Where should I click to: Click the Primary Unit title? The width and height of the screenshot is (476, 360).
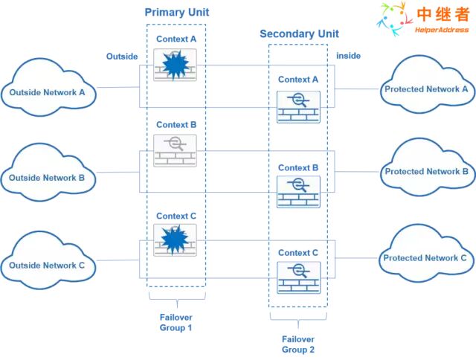tap(177, 13)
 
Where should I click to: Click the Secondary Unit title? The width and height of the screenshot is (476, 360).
tap(299, 33)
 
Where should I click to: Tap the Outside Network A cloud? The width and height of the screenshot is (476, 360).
tap(48, 88)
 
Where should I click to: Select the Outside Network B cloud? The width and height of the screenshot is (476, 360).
tap(48, 173)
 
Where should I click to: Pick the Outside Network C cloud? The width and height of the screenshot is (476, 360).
tap(48, 260)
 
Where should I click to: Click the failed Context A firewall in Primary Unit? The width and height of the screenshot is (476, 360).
tap(175, 65)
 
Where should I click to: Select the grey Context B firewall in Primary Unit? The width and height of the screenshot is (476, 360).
tap(175, 150)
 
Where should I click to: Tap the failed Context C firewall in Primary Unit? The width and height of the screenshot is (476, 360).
tap(175, 240)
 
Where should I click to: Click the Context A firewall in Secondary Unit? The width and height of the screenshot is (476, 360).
tap(298, 107)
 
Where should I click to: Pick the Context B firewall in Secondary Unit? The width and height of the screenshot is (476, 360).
tap(298, 192)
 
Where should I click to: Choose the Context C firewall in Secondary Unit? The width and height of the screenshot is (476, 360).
tap(299, 277)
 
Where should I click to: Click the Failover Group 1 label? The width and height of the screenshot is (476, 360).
tap(176, 322)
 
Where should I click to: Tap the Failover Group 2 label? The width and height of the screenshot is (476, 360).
tap(298, 344)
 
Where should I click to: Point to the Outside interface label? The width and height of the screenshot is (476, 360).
tap(122, 57)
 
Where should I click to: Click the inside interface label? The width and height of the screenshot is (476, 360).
tap(349, 56)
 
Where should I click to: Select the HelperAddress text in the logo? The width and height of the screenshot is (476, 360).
tap(442, 30)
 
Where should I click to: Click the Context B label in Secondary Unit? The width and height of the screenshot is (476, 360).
tap(298, 168)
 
